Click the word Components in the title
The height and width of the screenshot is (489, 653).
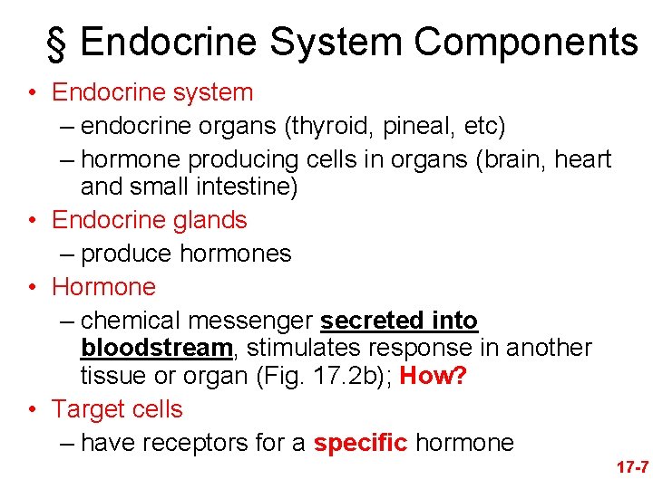(x=527, y=43)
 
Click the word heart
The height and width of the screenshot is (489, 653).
(x=581, y=159)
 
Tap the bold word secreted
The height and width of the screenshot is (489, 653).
(x=371, y=321)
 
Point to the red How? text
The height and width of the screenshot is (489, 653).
(x=434, y=376)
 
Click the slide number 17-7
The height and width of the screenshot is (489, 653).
(x=631, y=467)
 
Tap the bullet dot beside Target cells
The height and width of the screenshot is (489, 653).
(x=32, y=410)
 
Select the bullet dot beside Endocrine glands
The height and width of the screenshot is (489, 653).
(x=32, y=221)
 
